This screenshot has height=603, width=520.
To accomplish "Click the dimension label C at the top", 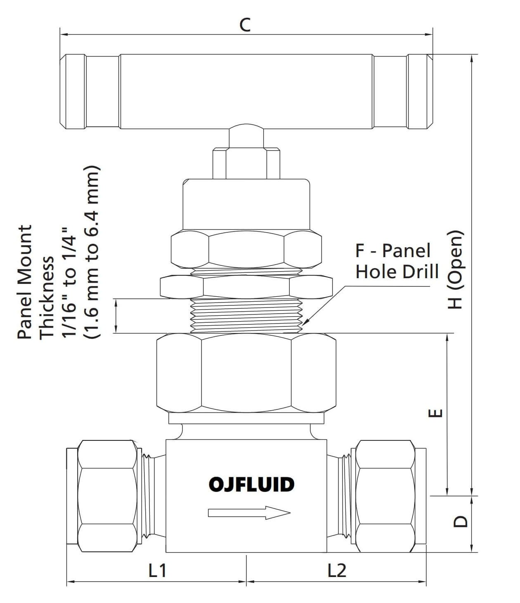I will pos(245,25).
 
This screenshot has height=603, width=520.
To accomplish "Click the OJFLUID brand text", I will pos(251,485).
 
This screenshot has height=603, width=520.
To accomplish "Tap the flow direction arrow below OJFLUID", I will pos(249,513).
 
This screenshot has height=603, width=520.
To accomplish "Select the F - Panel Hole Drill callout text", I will pos(396,261).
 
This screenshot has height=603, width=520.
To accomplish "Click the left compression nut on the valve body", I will pos(107,496).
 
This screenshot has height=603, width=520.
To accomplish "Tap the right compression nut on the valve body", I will pos(385,496).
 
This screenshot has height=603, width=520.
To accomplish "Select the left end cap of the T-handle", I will pos(73,91).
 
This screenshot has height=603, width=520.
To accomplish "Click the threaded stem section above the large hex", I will pos(246,315).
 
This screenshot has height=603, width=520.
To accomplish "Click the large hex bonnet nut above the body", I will pos(246,373).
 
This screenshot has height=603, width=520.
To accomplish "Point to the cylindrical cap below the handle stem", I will pos(246,204).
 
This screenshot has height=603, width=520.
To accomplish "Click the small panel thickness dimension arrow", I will pos(117,315).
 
